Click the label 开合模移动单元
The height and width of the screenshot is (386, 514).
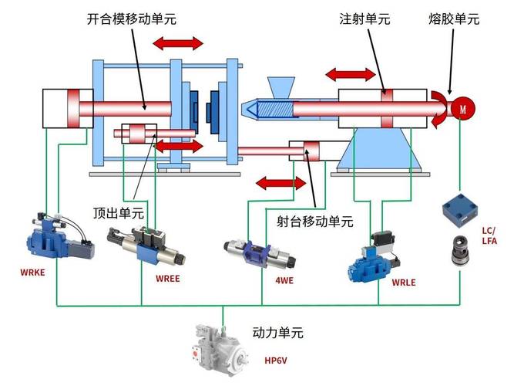131,19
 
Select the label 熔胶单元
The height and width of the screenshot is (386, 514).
454,19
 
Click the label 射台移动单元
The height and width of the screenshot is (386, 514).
314,222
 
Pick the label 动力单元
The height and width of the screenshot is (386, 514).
278,334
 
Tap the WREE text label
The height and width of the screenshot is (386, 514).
167,279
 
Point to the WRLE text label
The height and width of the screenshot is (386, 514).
403,283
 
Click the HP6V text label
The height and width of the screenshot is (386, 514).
277,361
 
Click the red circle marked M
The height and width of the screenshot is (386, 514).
463,108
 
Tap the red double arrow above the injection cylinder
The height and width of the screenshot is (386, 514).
351,74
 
